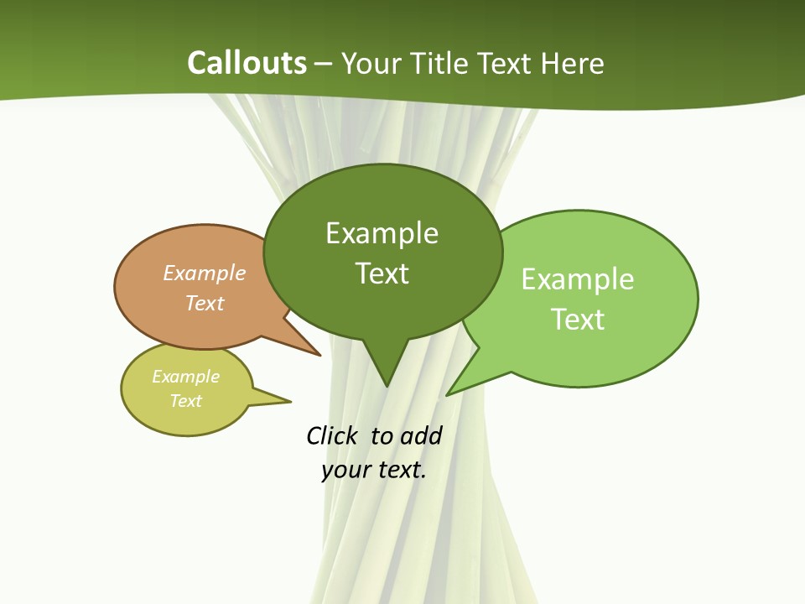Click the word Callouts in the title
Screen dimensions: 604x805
247,63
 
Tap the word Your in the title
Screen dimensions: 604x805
371,63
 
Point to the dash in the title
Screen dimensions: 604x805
324,64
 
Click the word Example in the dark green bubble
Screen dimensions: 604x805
382,233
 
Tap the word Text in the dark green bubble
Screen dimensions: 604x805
382,273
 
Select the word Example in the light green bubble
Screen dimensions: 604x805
578,279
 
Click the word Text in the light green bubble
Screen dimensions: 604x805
578,320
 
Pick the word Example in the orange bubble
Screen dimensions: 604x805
205,273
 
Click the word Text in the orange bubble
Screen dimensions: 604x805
205,303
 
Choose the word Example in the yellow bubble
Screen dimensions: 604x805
185,377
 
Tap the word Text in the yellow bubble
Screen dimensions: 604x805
185,401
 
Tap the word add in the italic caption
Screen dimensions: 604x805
420,436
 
